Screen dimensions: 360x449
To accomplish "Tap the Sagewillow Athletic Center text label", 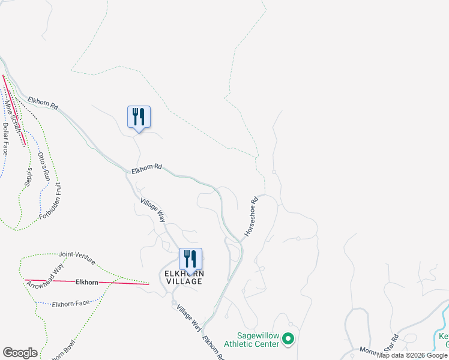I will (251, 340).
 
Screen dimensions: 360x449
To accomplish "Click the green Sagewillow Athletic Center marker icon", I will (288, 340).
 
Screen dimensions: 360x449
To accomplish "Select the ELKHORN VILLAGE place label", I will (184, 277).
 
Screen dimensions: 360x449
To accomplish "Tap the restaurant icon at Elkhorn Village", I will (190, 259).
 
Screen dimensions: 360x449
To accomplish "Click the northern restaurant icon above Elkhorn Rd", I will (139, 116).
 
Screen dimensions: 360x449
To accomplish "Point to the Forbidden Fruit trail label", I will (51, 199).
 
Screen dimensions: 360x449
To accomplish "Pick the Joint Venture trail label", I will (77, 256).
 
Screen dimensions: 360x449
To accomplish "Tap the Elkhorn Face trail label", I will (70, 304).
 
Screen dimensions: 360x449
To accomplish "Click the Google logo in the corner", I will (20, 353).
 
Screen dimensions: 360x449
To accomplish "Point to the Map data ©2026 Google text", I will (412, 356).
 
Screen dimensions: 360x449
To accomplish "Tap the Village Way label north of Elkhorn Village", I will (152, 210).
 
